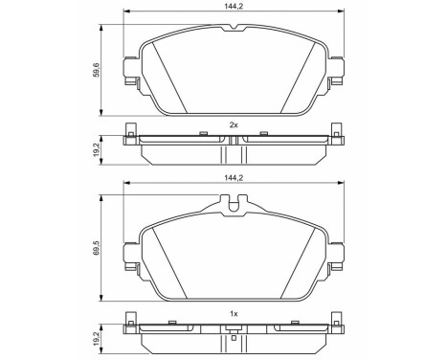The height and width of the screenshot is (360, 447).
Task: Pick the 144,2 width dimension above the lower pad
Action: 232,178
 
